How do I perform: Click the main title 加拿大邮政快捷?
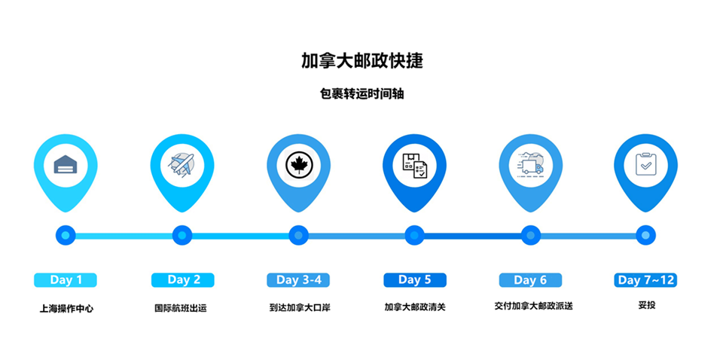[x=362, y=61]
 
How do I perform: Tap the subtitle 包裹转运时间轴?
[x=362, y=93]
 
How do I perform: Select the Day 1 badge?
[x=66, y=280]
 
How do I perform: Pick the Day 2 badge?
[x=183, y=280]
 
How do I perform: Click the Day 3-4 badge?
[x=298, y=280]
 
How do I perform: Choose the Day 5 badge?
[x=415, y=280]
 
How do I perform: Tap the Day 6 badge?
[x=530, y=280]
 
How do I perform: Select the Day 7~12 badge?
[x=645, y=280]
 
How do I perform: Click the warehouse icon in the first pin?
[x=66, y=164]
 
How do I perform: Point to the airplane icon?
[x=182, y=164]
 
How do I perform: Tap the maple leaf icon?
[x=298, y=164]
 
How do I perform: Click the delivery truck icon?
[x=530, y=164]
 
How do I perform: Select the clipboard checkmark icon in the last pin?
[x=646, y=163]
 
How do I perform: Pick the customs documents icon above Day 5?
[x=415, y=165]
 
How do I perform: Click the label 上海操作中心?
[x=66, y=308]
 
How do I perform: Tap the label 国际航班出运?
[x=181, y=308]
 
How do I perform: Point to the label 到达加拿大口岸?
[x=300, y=307]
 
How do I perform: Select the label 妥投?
[x=646, y=305]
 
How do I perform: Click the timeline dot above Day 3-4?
[x=298, y=235]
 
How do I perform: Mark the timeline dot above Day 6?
[x=531, y=235]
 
